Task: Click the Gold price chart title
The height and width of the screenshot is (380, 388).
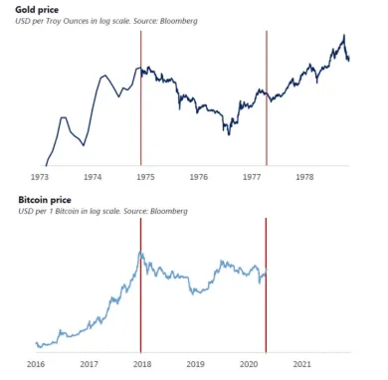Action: (x=37, y=9)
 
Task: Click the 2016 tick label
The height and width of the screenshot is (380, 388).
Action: (x=35, y=364)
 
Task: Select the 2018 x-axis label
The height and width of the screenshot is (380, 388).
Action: (x=141, y=364)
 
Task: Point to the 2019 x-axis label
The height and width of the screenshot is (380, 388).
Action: (x=195, y=364)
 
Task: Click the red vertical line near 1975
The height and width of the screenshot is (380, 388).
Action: (x=141, y=99)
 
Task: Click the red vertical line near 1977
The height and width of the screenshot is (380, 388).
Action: (x=267, y=99)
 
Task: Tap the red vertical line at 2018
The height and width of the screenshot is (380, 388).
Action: (x=141, y=298)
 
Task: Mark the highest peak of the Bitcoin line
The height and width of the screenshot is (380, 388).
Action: (x=142, y=253)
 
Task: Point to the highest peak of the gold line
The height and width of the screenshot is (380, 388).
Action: (x=343, y=36)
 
